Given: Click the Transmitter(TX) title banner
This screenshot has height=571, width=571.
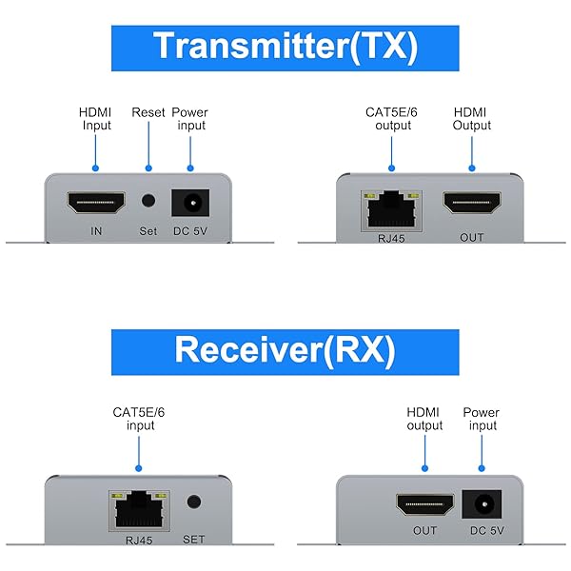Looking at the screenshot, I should pos(285,47).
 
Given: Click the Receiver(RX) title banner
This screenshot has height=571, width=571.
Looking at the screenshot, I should pos(285,351).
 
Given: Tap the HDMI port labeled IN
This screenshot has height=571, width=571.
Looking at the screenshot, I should pos(95,202).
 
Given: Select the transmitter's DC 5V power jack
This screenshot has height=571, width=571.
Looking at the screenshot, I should pos(189,202).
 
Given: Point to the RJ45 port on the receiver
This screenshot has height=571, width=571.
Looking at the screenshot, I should pos(137,510).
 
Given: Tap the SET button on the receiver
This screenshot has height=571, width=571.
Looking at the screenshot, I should pos(194,502).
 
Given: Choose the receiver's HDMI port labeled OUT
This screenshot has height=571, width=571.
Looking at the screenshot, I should pos(424,502).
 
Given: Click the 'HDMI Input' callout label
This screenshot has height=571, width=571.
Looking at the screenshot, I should pos(95,119).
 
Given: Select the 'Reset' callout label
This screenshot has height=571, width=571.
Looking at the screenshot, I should pos(148,112).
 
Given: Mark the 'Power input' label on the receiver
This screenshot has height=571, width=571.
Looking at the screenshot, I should pos(481,419).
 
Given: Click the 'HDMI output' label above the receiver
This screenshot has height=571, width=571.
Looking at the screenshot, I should pos(424,419).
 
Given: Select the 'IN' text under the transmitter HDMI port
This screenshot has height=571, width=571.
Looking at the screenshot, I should pos(95,230).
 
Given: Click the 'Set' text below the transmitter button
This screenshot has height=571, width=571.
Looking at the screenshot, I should pos(148,230).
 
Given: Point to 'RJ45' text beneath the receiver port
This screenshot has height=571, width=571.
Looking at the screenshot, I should pos(137,540).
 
